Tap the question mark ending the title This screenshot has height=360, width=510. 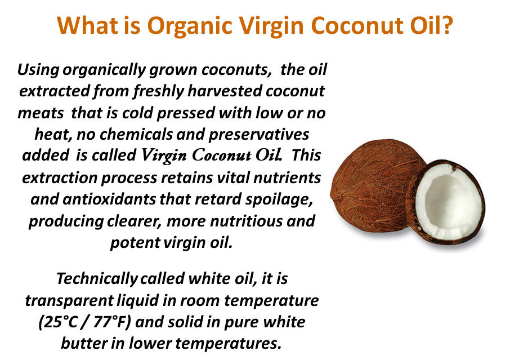coord(445,25)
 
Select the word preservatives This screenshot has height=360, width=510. coord(258,135)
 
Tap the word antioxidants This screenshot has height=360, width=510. coord(109,199)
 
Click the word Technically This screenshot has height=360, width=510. coord(97,279)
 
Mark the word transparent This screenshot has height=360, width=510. coord(69,301)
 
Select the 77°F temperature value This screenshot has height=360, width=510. coord(111,322)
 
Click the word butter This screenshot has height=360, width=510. coord(83,343)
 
